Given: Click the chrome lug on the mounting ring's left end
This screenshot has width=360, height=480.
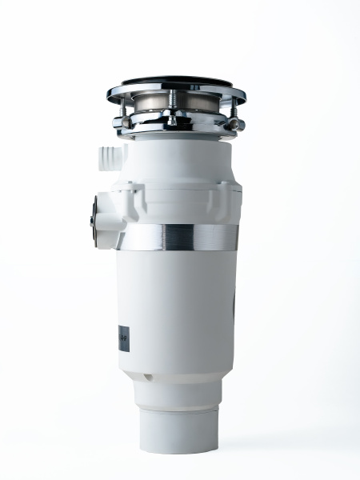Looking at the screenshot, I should [119, 123].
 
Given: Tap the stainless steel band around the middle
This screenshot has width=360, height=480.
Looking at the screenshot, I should [178, 237].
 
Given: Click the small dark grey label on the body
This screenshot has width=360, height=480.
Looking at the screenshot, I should [123, 337].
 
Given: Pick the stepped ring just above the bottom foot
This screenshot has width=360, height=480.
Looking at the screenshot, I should [178, 392].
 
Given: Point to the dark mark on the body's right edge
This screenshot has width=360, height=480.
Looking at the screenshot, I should [234, 308].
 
